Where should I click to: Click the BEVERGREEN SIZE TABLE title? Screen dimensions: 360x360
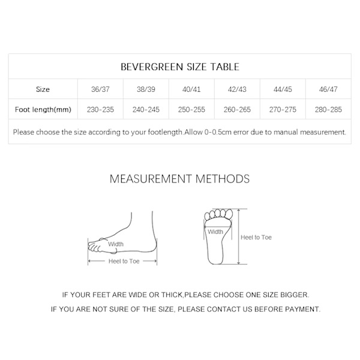tap(179, 67)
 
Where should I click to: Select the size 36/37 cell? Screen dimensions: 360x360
tap(100, 89)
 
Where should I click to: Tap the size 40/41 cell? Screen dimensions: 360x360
tap(191, 89)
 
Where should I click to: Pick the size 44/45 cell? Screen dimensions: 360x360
tap(283, 89)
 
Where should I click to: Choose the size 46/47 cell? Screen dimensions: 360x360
tap(328, 89)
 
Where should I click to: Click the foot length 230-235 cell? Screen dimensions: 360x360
tap(100, 110)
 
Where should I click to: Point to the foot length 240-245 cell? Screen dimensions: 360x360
tap(146, 110)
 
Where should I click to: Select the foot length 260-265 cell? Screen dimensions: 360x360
tap(237, 110)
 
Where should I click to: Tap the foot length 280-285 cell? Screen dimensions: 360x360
tap(328, 110)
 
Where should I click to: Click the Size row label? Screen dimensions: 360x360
tap(43, 89)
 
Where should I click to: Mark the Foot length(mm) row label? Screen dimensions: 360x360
tap(43, 110)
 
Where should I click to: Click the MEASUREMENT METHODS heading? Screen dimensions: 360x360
tap(179, 179)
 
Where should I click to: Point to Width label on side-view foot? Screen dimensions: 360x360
tap(116, 244)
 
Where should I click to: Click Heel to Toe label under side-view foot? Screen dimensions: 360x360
tap(124, 262)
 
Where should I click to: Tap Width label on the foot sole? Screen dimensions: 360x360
tap(215, 232)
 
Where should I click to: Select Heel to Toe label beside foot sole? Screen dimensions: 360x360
tap(256, 238)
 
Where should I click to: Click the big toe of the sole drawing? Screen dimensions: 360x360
tap(209, 215)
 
